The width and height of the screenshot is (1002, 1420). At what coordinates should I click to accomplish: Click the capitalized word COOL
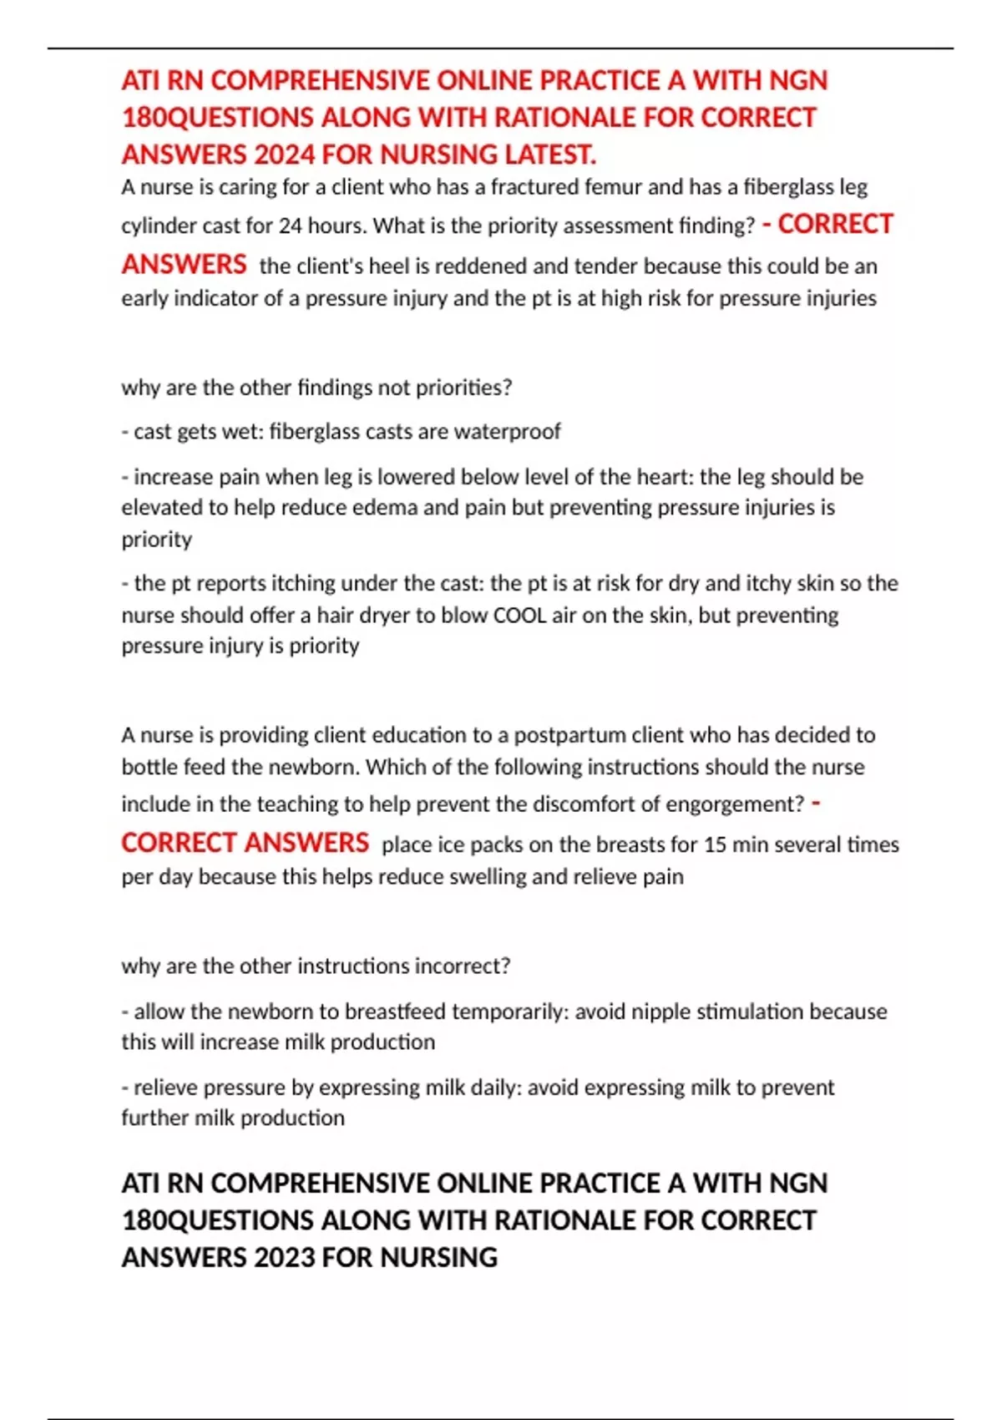pos(523,616)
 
